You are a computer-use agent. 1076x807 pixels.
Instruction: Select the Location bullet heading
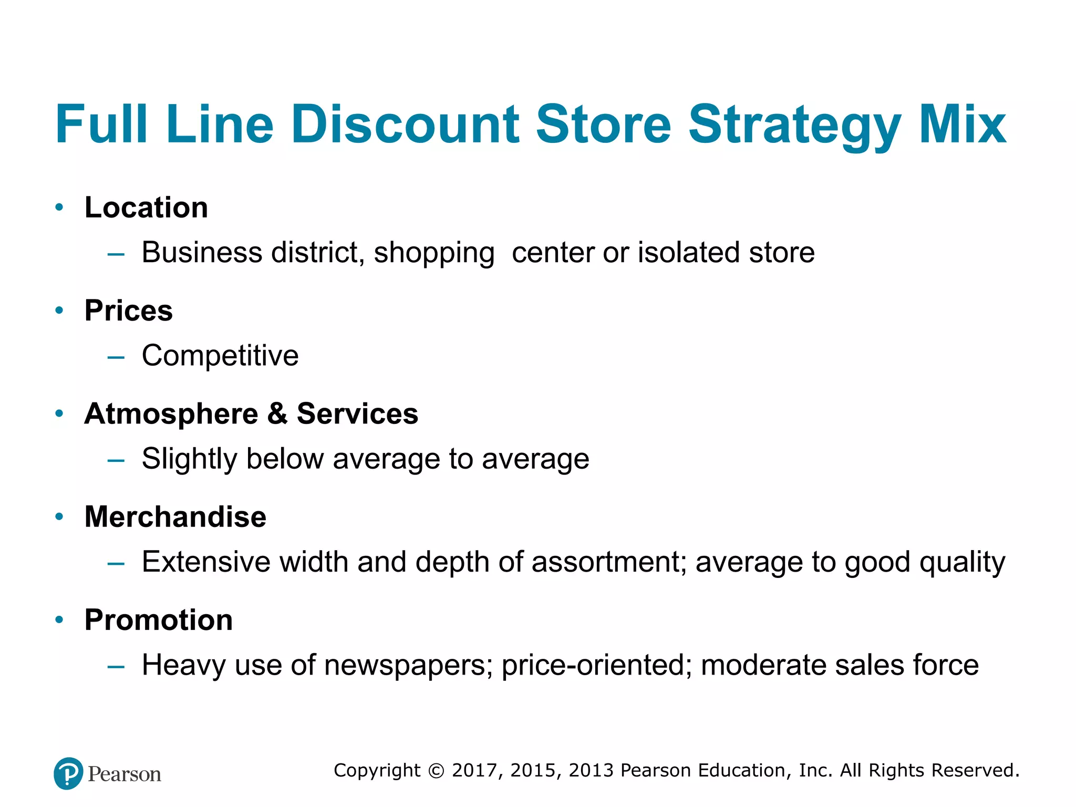click(146, 208)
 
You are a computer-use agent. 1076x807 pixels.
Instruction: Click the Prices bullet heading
click(129, 311)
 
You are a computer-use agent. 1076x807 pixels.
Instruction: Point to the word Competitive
click(220, 356)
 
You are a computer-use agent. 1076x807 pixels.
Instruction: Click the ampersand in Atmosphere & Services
click(277, 413)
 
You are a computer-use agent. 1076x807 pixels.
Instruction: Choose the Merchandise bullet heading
click(175, 516)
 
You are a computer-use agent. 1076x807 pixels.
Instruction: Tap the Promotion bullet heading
click(159, 620)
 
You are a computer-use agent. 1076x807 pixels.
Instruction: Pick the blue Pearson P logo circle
click(68, 773)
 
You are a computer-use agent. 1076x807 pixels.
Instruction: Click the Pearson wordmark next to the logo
click(125, 774)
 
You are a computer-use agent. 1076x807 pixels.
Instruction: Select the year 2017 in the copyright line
click(474, 770)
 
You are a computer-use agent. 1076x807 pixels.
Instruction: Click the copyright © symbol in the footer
click(436, 771)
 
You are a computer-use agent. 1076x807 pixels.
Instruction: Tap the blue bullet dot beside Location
click(59, 208)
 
